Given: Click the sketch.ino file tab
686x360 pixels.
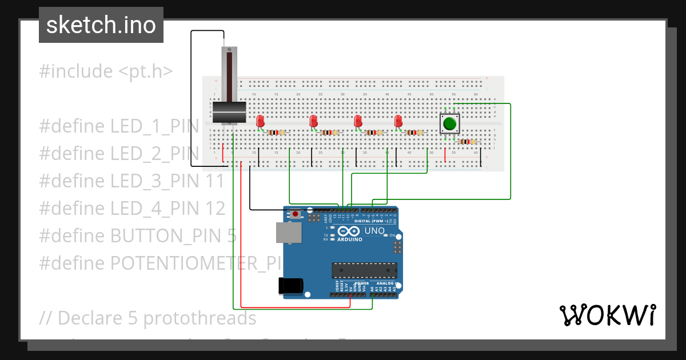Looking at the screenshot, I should (101, 25).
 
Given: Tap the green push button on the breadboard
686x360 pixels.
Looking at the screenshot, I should (449, 123).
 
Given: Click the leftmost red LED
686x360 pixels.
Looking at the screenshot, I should (260, 121).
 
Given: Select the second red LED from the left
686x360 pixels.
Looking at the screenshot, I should (313, 121).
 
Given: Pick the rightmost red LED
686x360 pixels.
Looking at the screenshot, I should (398, 121).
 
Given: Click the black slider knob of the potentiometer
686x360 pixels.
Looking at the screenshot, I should (229, 112).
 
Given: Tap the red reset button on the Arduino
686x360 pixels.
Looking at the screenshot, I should (295, 214).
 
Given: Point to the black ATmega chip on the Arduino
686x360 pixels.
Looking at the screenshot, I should (365, 270).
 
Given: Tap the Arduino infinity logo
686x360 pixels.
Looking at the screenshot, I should (349, 231).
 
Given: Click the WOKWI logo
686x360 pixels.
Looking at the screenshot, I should (607, 315).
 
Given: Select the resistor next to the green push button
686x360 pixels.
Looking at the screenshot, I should (468, 142).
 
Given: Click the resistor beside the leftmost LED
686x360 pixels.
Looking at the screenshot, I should (276, 133).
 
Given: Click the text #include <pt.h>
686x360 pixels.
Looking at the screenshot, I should (106, 71).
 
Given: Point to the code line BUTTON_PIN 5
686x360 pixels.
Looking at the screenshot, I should (138, 235).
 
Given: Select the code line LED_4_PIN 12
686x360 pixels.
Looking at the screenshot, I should (132, 209).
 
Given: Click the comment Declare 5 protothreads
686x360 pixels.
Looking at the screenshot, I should (148, 318).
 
